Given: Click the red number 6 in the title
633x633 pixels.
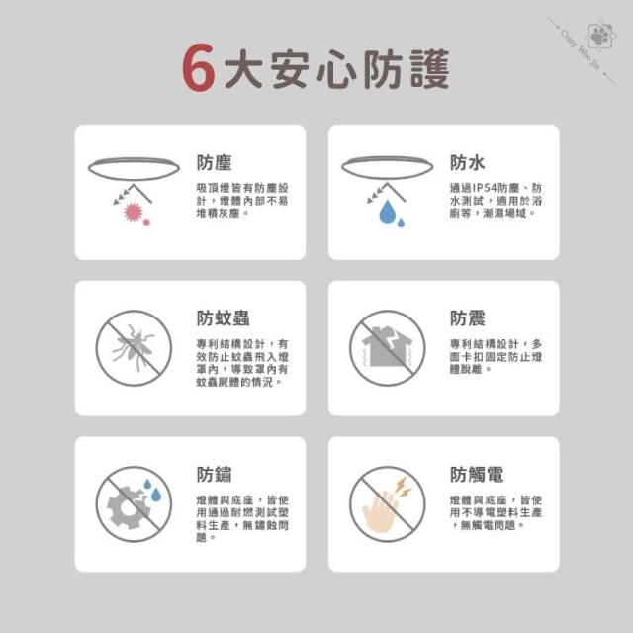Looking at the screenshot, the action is (x=198, y=67).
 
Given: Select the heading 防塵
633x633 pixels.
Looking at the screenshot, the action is (x=214, y=162).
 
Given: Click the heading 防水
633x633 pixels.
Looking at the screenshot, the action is (x=468, y=162).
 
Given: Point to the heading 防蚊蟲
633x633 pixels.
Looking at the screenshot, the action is (x=223, y=318).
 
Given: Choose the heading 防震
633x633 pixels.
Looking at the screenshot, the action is (x=468, y=318).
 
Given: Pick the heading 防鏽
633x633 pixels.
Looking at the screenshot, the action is (x=214, y=474).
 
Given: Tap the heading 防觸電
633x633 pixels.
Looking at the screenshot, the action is (x=477, y=474).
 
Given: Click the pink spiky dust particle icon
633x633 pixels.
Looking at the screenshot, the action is (x=134, y=212).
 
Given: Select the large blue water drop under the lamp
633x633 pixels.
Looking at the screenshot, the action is (x=387, y=212).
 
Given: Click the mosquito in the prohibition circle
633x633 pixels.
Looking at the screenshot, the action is (x=133, y=347).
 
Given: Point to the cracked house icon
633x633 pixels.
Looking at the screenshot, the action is (x=387, y=346).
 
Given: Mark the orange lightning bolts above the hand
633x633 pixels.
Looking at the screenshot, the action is (x=403, y=486).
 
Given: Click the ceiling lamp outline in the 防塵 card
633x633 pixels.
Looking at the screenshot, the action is (x=134, y=169).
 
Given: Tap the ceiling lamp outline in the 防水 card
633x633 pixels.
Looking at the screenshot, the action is (x=387, y=168).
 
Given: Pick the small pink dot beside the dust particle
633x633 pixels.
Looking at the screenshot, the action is (x=146, y=222).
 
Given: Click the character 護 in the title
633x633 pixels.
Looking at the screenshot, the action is (x=430, y=68).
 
